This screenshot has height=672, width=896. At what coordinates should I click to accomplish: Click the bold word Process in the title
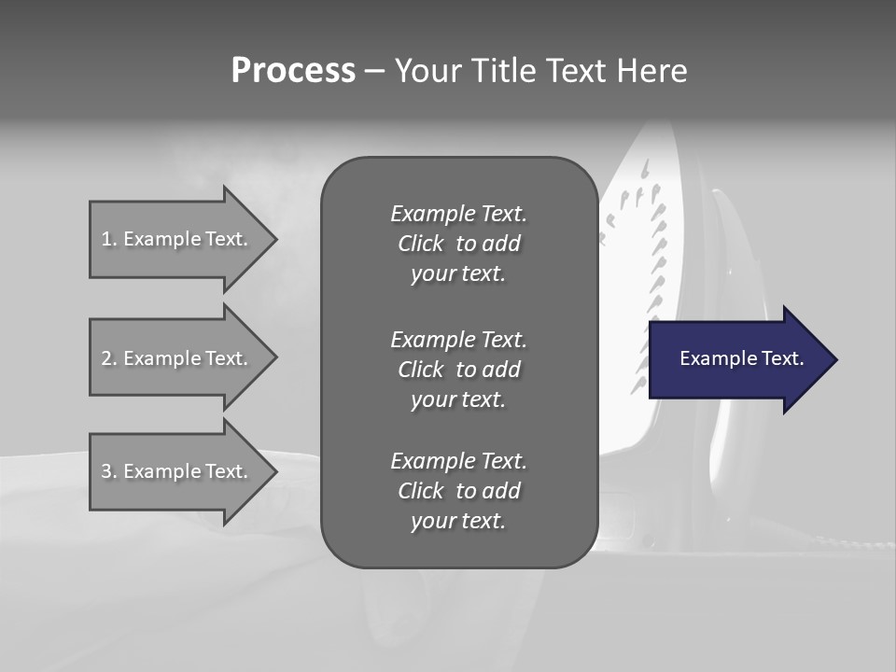click(293, 71)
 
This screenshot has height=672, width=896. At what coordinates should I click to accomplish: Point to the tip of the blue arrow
click(834, 359)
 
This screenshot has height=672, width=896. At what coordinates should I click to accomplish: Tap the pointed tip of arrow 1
click(274, 239)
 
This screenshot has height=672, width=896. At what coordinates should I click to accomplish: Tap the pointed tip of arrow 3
click(274, 471)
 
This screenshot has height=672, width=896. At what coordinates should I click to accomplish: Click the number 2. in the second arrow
click(109, 358)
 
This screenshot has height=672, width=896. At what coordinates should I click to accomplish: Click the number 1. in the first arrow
click(109, 239)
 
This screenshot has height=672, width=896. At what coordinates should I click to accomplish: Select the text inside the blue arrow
click(742, 358)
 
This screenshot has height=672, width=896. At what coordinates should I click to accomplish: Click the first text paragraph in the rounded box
click(458, 244)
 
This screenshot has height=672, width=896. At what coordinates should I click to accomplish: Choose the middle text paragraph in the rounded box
click(458, 369)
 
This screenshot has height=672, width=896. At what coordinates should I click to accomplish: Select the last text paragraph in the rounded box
click(458, 491)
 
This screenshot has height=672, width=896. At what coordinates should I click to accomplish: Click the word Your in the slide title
click(426, 71)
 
